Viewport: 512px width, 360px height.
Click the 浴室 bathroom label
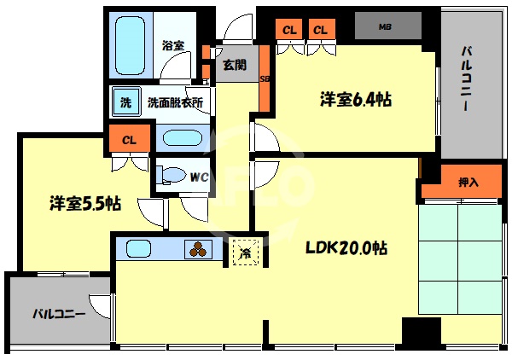tap(173, 44)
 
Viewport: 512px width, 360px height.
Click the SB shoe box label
tap(264, 78)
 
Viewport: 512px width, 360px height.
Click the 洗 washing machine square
tap(125, 103)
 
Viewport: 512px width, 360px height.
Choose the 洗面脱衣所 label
tap(174, 103)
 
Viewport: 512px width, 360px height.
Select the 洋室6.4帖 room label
tap(356, 100)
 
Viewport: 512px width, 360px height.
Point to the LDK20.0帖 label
tap(347, 248)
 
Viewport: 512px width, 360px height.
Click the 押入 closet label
tap(468, 182)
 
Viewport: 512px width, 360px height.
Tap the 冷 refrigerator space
tap(245, 252)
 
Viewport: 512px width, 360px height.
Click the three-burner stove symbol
tap(199, 250)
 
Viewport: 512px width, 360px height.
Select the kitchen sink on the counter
tap(139, 249)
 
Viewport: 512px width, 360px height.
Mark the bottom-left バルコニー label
tap(59, 314)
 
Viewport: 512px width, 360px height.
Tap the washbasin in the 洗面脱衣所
tap(178, 138)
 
